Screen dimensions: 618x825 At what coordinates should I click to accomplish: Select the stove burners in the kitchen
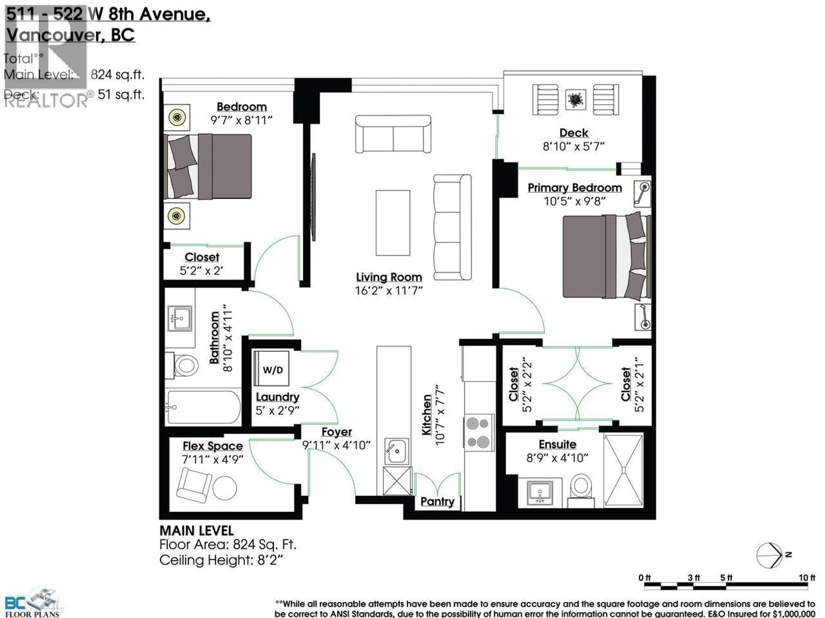[x=478, y=432]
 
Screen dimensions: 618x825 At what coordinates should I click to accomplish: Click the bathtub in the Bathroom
[x=203, y=407]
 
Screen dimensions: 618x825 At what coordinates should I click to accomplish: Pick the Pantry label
[x=437, y=501]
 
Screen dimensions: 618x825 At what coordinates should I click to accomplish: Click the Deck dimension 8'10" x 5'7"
[x=573, y=146]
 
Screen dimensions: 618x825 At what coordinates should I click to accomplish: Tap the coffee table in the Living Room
[x=393, y=223]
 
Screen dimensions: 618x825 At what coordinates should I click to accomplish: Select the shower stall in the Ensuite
[x=623, y=470]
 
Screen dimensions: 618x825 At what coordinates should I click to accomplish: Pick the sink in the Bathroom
[x=180, y=318]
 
